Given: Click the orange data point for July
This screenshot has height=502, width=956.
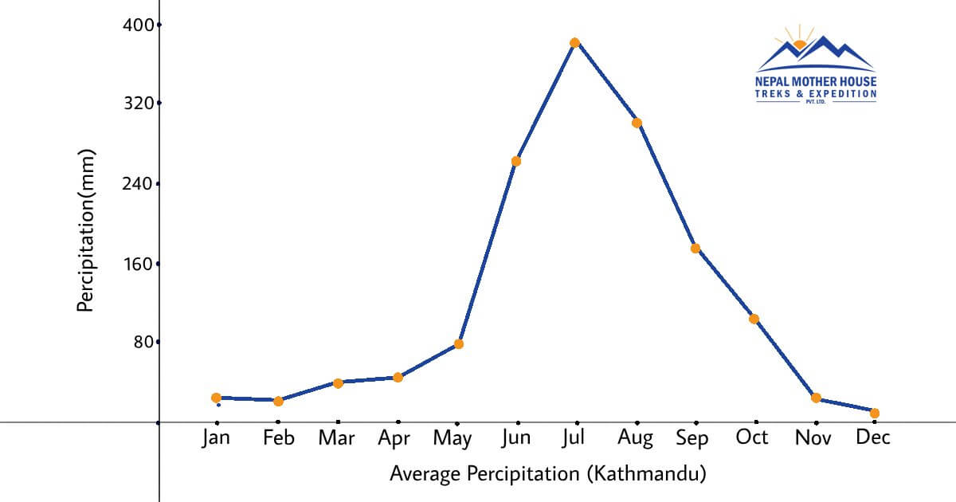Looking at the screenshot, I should [x=574, y=43].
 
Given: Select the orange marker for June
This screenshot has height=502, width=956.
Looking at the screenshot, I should [x=516, y=161].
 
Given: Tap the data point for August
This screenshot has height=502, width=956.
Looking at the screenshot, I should [x=637, y=123].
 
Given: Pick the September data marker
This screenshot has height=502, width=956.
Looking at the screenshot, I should [x=695, y=249].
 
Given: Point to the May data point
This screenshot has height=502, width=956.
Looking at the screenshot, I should [x=459, y=344].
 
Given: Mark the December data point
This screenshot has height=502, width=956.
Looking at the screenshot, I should [x=875, y=413].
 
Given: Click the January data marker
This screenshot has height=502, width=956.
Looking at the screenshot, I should [x=216, y=398].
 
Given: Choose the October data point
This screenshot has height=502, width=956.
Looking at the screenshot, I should [x=754, y=320].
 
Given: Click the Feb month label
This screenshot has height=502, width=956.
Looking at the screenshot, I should [x=277, y=438].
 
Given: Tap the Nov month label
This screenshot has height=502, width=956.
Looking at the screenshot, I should [x=814, y=438].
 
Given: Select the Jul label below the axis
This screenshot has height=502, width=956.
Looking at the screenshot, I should [x=574, y=438].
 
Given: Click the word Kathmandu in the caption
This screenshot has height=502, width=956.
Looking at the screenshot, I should [x=646, y=475].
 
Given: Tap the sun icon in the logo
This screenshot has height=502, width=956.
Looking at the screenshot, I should [x=799, y=43].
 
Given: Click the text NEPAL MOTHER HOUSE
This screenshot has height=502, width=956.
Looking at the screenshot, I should [x=816, y=82].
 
